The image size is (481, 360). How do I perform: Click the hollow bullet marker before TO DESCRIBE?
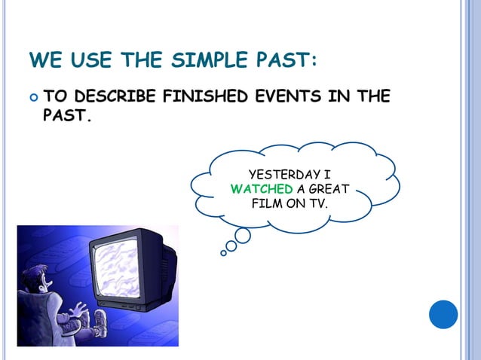pos(32,98)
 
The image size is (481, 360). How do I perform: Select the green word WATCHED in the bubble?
pos(256,188)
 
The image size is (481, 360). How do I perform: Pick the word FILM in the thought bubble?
pos(266,203)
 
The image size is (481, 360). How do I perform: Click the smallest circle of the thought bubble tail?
pos(223,253)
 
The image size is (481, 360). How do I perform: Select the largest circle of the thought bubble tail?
pos(243,236)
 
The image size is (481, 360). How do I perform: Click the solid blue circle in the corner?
pos(443,314)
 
